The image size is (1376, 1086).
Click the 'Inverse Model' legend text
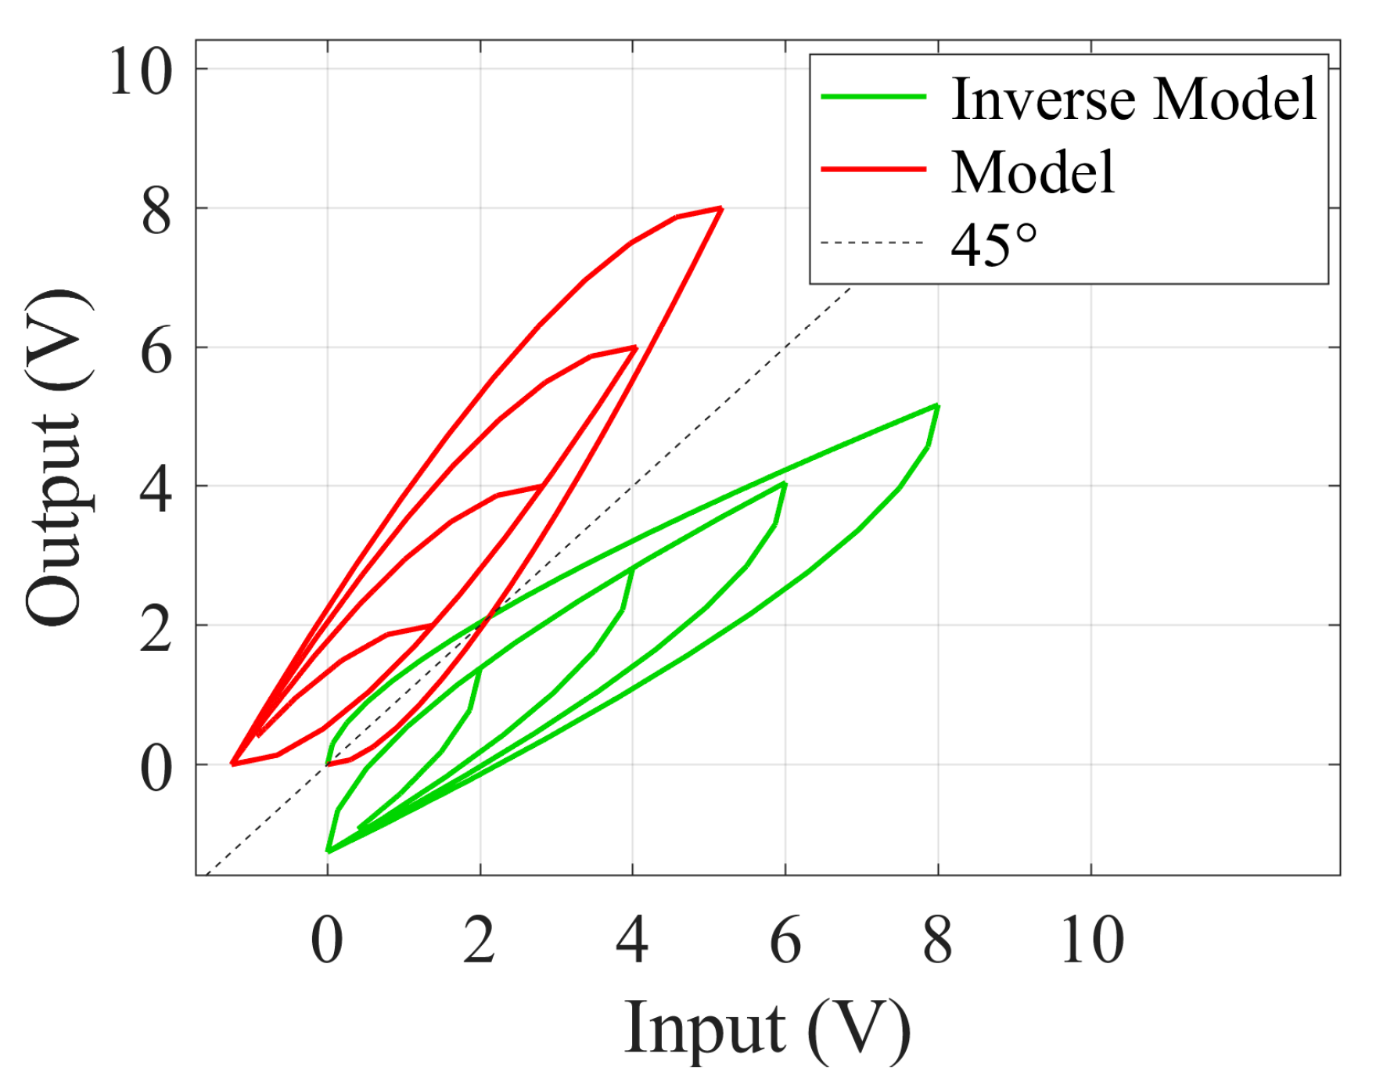coord(1133,99)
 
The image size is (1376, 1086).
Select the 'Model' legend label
coord(1033,172)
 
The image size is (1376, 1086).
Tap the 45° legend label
coord(993,244)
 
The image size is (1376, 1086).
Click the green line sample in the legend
coord(873,97)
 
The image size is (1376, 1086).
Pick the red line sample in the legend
coord(873,169)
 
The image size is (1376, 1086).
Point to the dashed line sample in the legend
coord(873,243)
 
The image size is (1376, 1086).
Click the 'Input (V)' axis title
coord(767,1029)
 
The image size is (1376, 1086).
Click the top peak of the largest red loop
coord(720,208)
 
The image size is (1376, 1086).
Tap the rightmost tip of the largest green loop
coord(937,406)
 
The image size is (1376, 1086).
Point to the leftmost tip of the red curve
coord(232,763)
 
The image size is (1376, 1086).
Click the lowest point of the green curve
coord(329,850)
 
